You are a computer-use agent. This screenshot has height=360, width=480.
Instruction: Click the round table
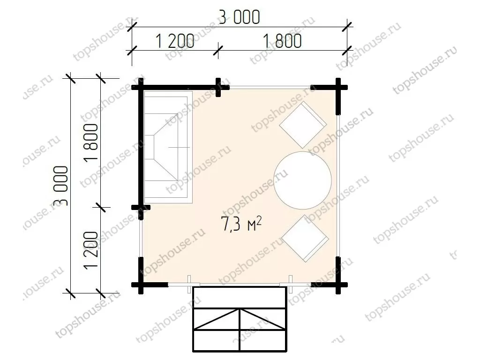[302, 180]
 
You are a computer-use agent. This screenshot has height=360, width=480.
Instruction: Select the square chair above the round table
[303, 125]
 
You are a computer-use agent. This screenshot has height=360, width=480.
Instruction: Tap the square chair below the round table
[305, 239]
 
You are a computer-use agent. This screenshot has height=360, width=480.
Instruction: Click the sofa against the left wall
[168, 147]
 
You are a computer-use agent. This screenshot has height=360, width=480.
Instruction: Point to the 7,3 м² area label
[241, 224]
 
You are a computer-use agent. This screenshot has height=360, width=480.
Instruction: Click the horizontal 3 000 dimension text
[240, 17]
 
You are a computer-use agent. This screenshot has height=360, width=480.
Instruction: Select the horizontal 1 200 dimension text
[175, 41]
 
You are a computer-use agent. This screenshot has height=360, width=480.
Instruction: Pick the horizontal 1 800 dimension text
[282, 41]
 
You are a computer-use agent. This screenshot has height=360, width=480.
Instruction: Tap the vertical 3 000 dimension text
[60, 186]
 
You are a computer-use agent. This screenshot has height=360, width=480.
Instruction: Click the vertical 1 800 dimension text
[91, 142]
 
